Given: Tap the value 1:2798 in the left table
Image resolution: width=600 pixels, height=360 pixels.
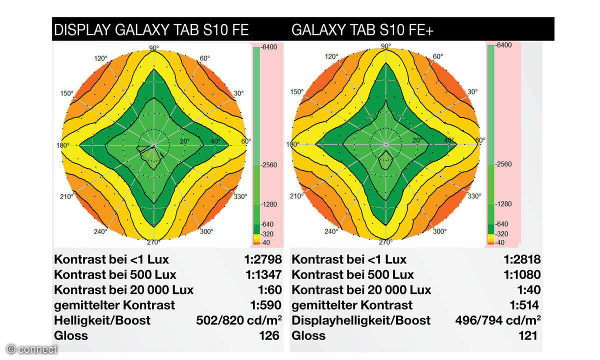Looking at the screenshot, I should [260, 259].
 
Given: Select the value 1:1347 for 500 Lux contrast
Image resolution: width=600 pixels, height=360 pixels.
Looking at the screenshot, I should [260, 274].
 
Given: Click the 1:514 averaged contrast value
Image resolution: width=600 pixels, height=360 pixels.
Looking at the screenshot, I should [524, 305].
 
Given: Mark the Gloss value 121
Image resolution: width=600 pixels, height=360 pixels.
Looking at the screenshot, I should [527, 335].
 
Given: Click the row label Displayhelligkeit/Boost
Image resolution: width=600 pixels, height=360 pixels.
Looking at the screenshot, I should [361, 320].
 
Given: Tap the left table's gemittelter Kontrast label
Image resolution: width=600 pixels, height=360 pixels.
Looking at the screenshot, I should [114, 305].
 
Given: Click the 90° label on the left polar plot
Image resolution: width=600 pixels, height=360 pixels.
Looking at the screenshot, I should [154, 48].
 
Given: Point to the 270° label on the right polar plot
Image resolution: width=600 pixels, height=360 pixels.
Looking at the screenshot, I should [385, 242].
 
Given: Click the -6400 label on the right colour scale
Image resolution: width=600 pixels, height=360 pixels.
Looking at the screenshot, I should [502, 45].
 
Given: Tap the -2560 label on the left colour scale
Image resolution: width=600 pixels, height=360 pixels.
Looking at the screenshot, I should [270, 164].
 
